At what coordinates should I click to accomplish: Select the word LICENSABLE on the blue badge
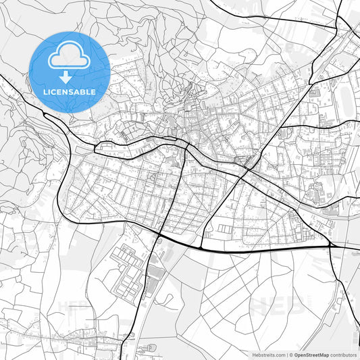[x=70, y=91]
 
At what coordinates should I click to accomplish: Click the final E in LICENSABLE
[x=93, y=91]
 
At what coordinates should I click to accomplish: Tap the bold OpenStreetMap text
[x=307, y=355]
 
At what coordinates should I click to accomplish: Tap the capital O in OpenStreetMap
[x=295, y=355]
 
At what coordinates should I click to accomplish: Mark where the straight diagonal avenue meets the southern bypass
[x=203, y=247]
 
